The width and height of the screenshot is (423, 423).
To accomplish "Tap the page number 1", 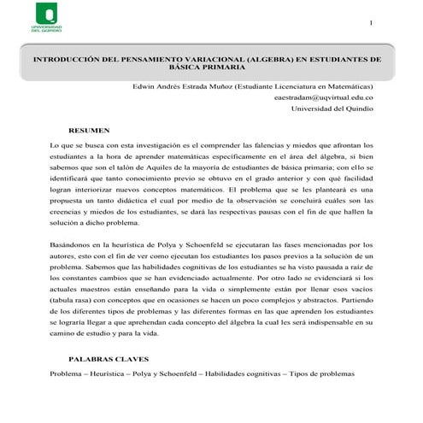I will tap(370, 22).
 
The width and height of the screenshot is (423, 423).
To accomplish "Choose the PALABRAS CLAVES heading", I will tap(105, 361).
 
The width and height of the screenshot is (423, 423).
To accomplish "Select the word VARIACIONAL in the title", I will tap(204, 62).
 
